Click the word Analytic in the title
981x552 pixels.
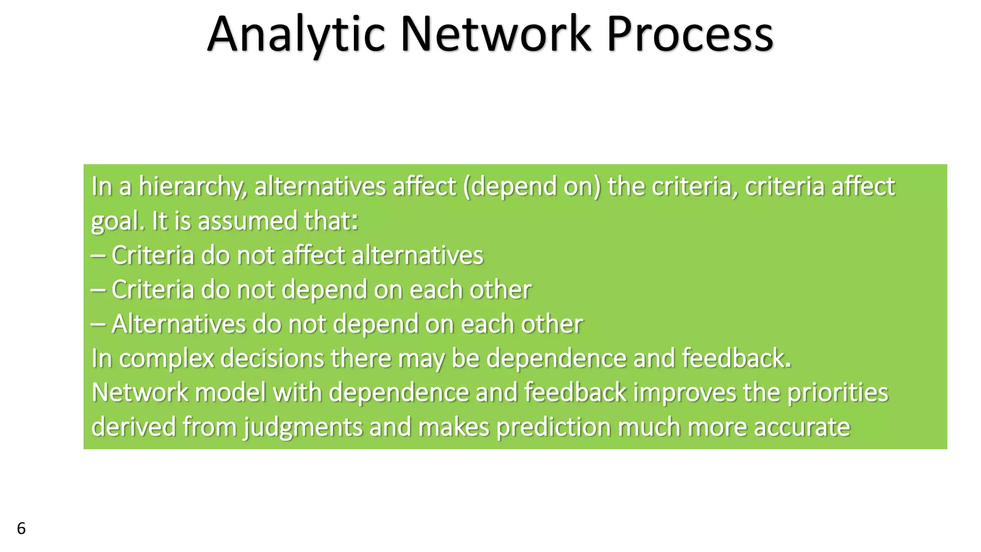coord(296,34)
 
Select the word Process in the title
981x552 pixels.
coord(690,34)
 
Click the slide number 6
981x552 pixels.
coord(21,529)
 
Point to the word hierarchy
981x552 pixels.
coord(193,186)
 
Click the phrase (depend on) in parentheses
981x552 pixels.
coord(532,186)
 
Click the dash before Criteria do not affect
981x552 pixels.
coord(98,255)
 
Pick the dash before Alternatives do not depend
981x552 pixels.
coord(98,324)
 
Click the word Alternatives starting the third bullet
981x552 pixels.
coord(178,324)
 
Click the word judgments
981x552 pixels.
coord(303,427)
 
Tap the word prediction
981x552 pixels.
coord(553,427)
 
